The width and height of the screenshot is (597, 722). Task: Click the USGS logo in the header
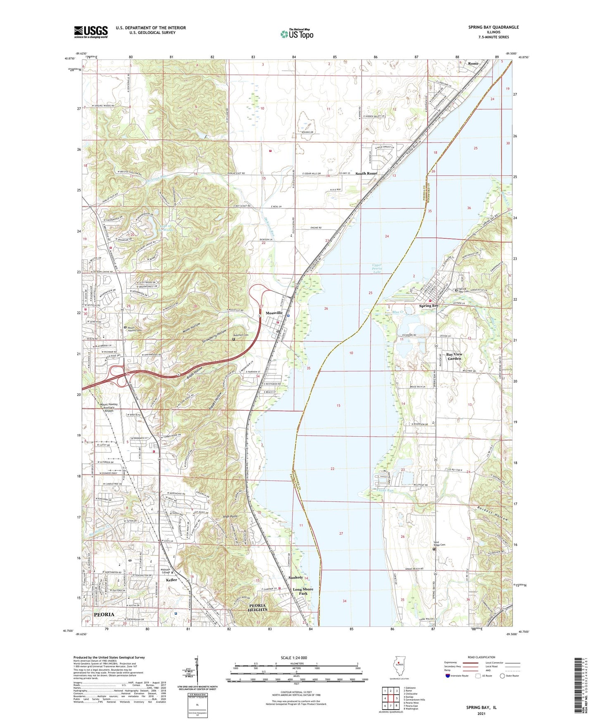(x=90, y=31)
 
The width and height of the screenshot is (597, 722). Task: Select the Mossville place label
(x=274, y=313)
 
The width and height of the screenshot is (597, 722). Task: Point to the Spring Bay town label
(x=429, y=306)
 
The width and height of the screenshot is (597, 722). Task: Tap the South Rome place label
(x=366, y=173)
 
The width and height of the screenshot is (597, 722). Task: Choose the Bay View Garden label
(x=454, y=356)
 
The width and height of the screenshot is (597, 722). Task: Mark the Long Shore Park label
(x=303, y=591)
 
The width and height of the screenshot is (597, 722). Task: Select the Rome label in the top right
(x=473, y=63)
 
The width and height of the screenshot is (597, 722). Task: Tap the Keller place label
(x=171, y=580)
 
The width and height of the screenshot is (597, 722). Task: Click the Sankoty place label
(x=295, y=577)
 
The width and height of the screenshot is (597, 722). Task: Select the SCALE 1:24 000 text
(x=294, y=657)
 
